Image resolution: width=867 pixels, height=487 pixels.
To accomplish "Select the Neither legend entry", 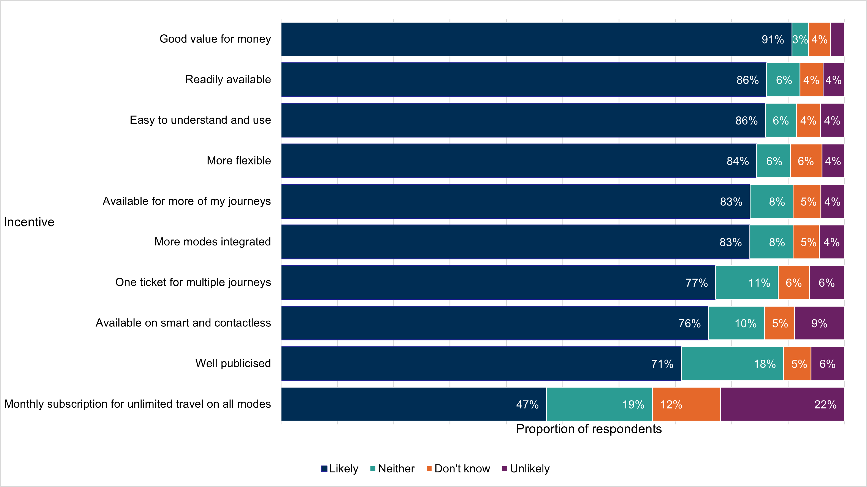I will pyautogui.click(x=392, y=469).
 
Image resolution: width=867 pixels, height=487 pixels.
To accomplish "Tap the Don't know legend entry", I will pyautogui.click(x=458, y=469).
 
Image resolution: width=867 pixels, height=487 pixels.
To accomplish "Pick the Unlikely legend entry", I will pyautogui.click(x=526, y=469).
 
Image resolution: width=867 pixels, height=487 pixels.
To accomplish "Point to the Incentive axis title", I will pyautogui.click(x=29, y=222).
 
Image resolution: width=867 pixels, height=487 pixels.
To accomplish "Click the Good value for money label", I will pyautogui.click(x=215, y=39).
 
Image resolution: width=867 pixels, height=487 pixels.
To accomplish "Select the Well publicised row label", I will pyautogui.click(x=233, y=364).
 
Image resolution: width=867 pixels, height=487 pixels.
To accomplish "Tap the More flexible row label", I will pyautogui.click(x=239, y=161).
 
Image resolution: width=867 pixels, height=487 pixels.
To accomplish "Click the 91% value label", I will pyautogui.click(x=773, y=40).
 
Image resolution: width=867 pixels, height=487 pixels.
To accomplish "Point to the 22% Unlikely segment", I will pyautogui.click(x=782, y=404).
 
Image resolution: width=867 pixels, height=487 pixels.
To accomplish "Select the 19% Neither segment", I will pyautogui.click(x=599, y=404).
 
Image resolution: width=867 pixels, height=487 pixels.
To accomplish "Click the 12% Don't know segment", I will pyautogui.click(x=686, y=404).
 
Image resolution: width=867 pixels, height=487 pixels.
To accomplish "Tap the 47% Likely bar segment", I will pyautogui.click(x=414, y=404).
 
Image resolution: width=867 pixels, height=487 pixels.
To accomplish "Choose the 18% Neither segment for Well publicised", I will pyautogui.click(x=732, y=364).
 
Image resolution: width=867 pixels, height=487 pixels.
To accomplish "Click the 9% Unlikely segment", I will pyautogui.click(x=819, y=323).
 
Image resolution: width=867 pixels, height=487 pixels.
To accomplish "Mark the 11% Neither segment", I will pyautogui.click(x=747, y=283).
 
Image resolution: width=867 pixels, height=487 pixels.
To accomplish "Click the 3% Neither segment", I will pyautogui.click(x=800, y=39).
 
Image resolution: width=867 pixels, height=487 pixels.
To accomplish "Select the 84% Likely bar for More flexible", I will pyautogui.click(x=519, y=161).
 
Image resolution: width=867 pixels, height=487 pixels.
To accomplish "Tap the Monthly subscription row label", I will pyautogui.click(x=137, y=404).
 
